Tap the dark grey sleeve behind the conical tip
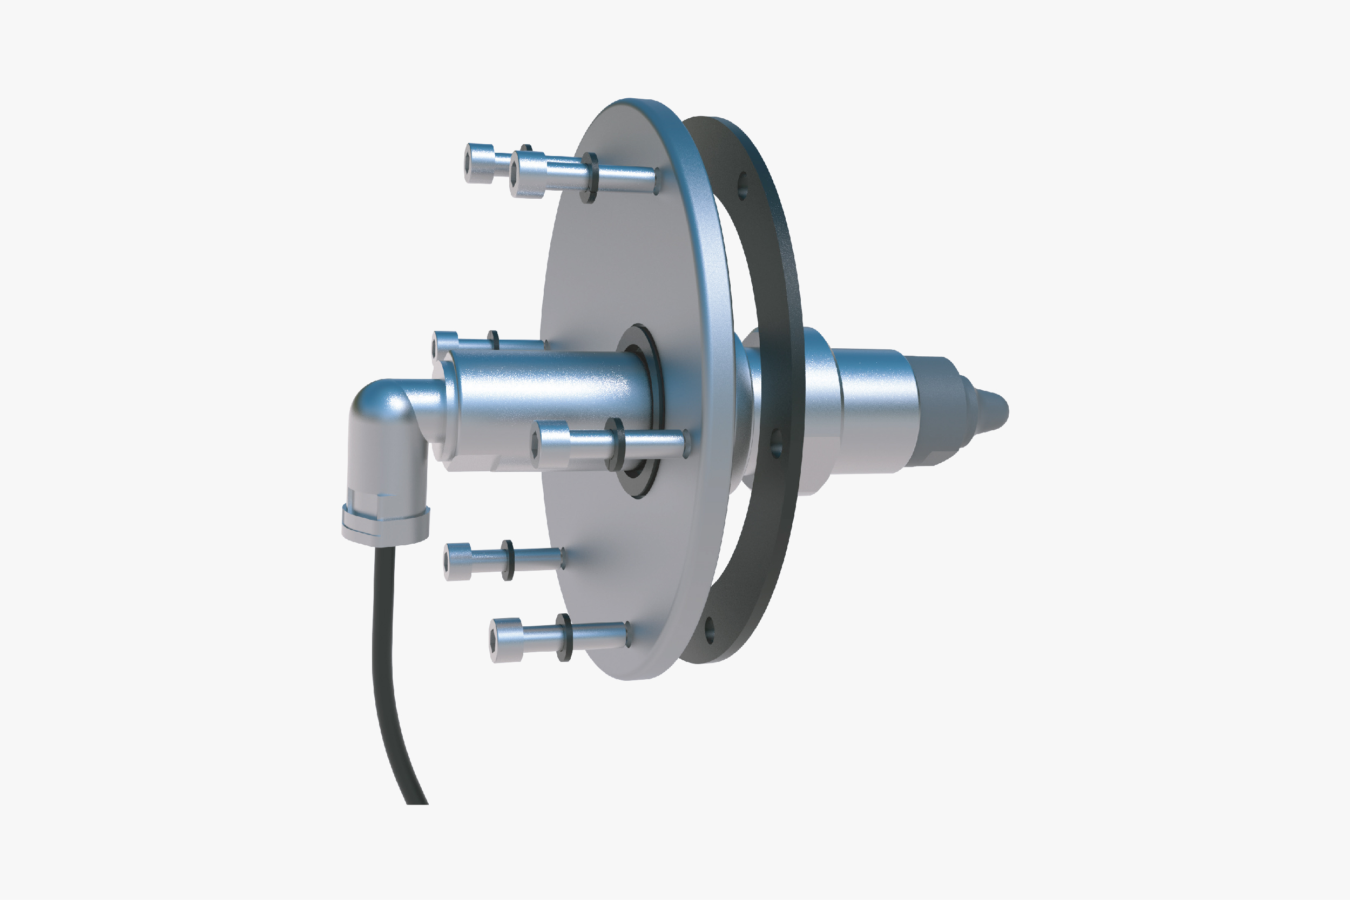tap(939, 410)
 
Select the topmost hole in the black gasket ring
tap(742, 186)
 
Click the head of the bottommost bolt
tap(505, 640)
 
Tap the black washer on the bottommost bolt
tap(564, 638)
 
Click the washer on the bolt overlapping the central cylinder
tap(615, 444)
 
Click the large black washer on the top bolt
tap(590, 178)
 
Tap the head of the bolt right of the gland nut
tap(457, 561)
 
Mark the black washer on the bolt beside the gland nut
tap(508, 560)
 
